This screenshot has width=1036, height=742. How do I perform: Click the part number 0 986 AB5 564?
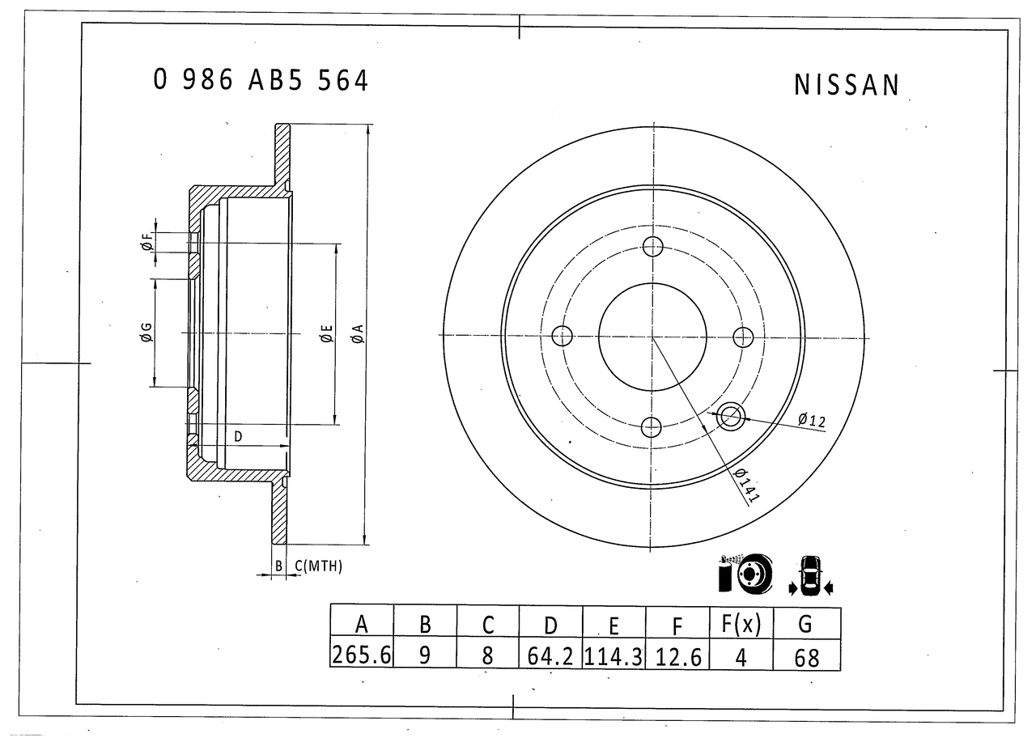[x=261, y=80]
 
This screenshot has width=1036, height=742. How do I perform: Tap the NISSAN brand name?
[x=847, y=85]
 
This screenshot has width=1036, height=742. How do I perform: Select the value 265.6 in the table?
[x=361, y=655]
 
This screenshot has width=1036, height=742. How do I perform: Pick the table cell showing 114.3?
[x=614, y=656]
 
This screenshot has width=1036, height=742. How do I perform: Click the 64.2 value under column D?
[x=550, y=656]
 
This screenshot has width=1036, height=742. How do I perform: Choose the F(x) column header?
[x=741, y=624]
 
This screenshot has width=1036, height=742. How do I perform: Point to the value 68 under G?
[x=807, y=658]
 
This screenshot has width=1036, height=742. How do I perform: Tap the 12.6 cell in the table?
[x=678, y=657]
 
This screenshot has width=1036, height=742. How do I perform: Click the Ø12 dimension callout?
[x=812, y=420]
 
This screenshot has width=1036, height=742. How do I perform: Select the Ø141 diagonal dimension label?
[x=747, y=485]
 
